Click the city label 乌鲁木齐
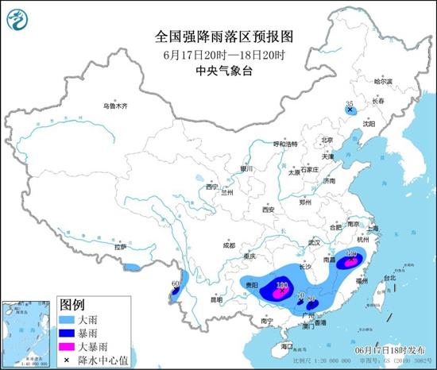pos(114,106)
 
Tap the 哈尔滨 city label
pos(383,82)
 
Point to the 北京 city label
pos(324,140)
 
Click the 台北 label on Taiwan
pos(389,279)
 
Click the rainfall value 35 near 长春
pos(349,103)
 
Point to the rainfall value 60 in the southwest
pos(176,284)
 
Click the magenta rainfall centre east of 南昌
pos(351,258)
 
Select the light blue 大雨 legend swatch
pos(68,318)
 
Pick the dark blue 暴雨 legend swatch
pos(68,332)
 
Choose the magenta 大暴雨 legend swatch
pos(68,346)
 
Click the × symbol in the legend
pos(68,360)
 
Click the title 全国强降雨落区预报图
pos(216,37)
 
